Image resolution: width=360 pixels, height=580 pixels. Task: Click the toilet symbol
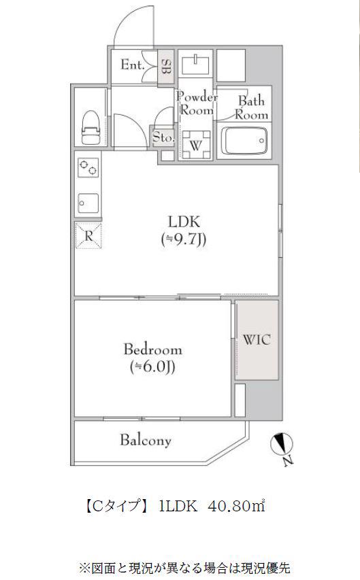pyautogui.click(x=91, y=129)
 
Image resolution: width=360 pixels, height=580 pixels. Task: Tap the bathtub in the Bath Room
pyautogui.click(x=244, y=141)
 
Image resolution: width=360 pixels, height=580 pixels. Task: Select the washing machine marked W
pyautogui.click(x=195, y=145)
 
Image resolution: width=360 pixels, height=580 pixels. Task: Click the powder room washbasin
pyautogui.click(x=195, y=64)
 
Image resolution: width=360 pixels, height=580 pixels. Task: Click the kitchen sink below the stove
pyautogui.click(x=88, y=203)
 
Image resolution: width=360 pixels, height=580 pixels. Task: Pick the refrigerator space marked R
pyautogui.click(x=88, y=236)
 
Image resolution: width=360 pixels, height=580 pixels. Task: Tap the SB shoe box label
pyautogui.click(x=166, y=67)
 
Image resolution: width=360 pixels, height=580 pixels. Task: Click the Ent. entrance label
pyautogui.click(x=132, y=65)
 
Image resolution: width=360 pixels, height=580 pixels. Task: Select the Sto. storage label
pyautogui.click(x=163, y=137)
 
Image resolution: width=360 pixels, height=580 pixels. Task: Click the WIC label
pyautogui.click(x=257, y=339)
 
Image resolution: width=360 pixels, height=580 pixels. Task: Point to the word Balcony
pyautogui.click(x=146, y=440)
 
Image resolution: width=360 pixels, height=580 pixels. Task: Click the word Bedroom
pyautogui.click(x=152, y=349)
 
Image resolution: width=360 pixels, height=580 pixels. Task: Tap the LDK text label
pyautogui.click(x=184, y=222)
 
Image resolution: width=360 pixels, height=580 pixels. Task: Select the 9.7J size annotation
pyautogui.click(x=184, y=240)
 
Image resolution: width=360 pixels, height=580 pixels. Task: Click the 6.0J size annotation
pyautogui.click(x=152, y=367)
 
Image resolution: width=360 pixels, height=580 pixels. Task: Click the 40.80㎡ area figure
pyautogui.click(x=237, y=506)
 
